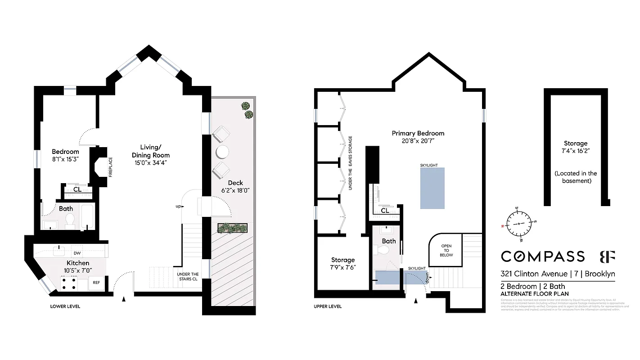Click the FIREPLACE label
[x=111, y=166]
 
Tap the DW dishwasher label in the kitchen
[x=77, y=253]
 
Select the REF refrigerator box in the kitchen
[x=96, y=283]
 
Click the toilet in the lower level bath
[x=69, y=220]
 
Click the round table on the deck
[x=222, y=152]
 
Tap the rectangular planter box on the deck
[x=233, y=228]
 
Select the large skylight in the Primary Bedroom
[x=432, y=188]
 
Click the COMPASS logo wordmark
[x=543, y=256]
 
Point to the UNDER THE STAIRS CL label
[x=188, y=277]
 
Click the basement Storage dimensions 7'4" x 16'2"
[x=576, y=152]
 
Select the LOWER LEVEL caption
[x=65, y=306]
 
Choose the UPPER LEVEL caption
[x=327, y=306]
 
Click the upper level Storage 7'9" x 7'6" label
[x=343, y=263]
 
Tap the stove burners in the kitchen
[x=68, y=282]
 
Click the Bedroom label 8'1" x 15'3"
[x=66, y=155]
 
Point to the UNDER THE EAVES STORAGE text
[x=350, y=163]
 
